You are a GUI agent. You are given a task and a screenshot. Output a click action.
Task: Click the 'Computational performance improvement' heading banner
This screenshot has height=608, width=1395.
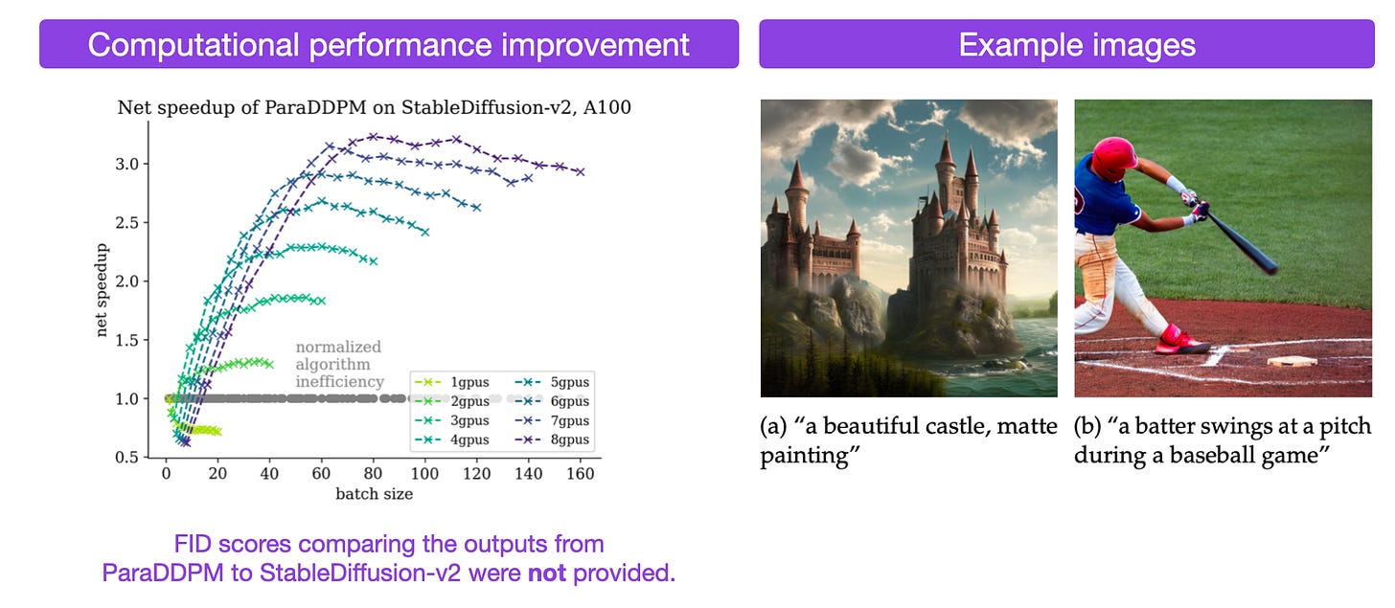[389, 43]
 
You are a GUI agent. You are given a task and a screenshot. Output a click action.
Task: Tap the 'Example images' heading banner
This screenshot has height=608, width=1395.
[1066, 43]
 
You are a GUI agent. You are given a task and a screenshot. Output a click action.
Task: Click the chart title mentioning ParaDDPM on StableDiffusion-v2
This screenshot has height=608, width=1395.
[375, 107]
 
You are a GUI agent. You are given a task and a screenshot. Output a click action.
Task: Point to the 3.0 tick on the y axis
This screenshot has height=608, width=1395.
[127, 165]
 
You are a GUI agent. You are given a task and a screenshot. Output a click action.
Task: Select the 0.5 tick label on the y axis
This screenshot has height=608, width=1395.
[127, 458]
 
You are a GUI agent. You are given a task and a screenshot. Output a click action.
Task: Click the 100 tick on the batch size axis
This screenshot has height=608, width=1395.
[424, 474]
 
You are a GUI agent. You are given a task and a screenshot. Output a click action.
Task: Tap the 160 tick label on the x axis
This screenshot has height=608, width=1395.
[580, 474]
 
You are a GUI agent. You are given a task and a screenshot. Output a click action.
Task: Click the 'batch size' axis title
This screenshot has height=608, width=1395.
[375, 494]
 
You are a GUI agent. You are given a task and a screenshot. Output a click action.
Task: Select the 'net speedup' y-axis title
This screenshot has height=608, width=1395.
[101, 290]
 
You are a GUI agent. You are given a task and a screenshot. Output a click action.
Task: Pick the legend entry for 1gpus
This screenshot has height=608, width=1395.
[452, 382]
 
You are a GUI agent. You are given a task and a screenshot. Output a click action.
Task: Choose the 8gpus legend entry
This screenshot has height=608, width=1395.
[552, 439]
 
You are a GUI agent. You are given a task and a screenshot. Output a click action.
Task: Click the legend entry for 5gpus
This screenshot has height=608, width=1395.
[552, 382]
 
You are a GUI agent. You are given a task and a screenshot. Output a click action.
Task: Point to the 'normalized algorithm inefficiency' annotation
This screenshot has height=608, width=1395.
[339, 364]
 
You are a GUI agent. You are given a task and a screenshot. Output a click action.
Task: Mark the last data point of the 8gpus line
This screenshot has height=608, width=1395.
[581, 171]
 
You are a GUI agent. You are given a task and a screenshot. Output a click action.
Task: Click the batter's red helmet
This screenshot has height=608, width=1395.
[1114, 158]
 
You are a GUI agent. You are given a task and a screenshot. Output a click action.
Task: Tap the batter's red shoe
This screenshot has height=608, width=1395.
[1178, 340]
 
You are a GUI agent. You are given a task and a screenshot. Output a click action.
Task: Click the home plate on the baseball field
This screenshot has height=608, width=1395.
[1292, 360]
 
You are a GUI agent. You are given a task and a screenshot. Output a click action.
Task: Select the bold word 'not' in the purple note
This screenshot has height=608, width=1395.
[547, 573]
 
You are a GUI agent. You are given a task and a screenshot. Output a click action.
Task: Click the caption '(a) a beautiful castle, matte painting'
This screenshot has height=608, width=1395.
[908, 440]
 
